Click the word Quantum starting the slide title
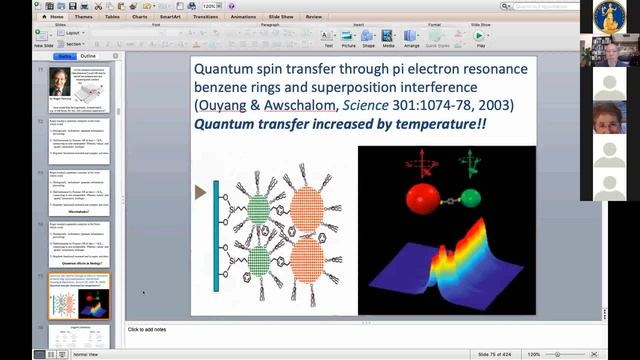pyautogui.click(x=223, y=71)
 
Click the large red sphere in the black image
pyautogui.click(x=423, y=198)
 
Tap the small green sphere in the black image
pyautogui.click(x=469, y=198)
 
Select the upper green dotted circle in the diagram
pyautogui.click(x=258, y=210)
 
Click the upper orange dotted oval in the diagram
pyautogui.click(x=307, y=210)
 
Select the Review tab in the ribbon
pyautogui.click(x=314, y=16)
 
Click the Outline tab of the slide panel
pyautogui.click(x=88, y=56)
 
